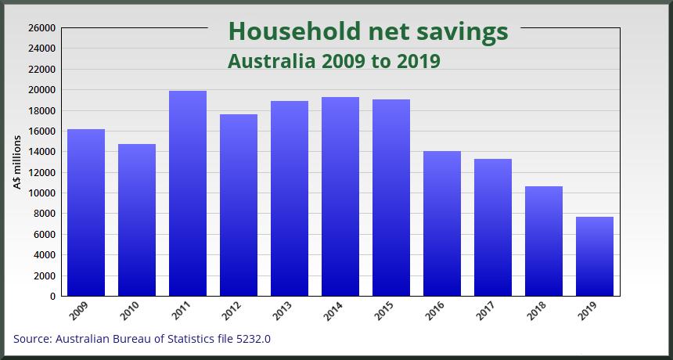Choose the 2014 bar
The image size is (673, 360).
(x=340, y=196)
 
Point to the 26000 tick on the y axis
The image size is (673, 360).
(x=42, y=28)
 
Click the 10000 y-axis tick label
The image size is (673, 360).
(x=42, y=193)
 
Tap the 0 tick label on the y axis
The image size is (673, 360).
(x=52, y=297)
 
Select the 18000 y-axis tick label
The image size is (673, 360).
(x=42, y=110)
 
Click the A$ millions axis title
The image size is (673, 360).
(x=16, y=161)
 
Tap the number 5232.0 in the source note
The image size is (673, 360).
(x=251, y=339)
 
